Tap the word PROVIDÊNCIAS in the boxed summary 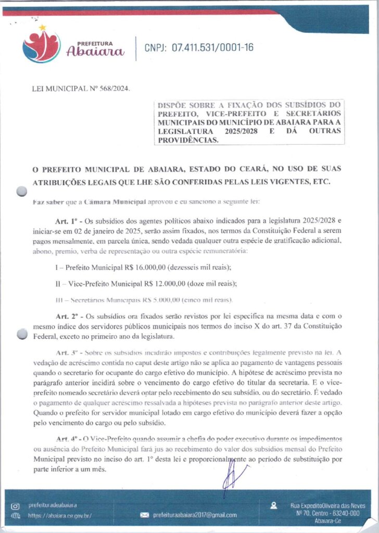pos(189,140)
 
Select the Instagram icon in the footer pos(15,506)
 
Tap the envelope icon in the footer pos(145,515)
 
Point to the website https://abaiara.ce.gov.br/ pos(60,515)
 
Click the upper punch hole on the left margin pos(21,192)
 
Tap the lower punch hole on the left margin pos(21,334)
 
